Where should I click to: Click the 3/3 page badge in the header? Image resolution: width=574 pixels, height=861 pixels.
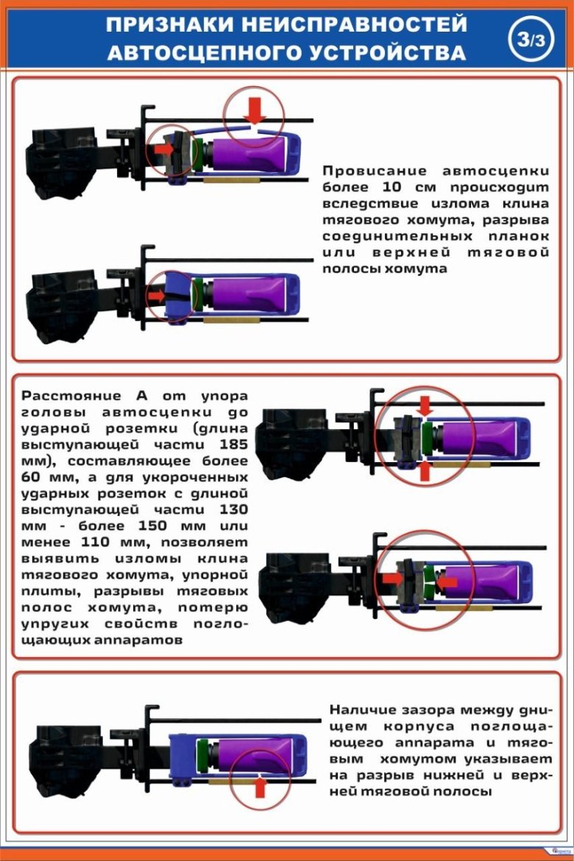(x=531, y=39)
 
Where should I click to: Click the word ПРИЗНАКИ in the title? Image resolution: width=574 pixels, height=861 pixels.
(x=170, y=25)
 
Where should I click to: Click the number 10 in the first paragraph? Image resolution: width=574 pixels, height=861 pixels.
(x=391, y=187)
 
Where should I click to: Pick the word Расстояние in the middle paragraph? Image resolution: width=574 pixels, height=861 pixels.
(x=71, y=396)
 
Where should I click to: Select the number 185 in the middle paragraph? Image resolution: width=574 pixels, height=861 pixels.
(x=233, y=444)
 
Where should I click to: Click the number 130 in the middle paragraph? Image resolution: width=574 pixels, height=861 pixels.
(x=233, y=509)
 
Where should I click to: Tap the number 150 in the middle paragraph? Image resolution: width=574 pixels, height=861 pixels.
(x=152, y=526)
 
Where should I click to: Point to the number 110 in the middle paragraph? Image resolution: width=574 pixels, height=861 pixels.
(x=96, y=542)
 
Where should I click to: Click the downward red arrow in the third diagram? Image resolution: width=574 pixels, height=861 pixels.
(x=425, y=406)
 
